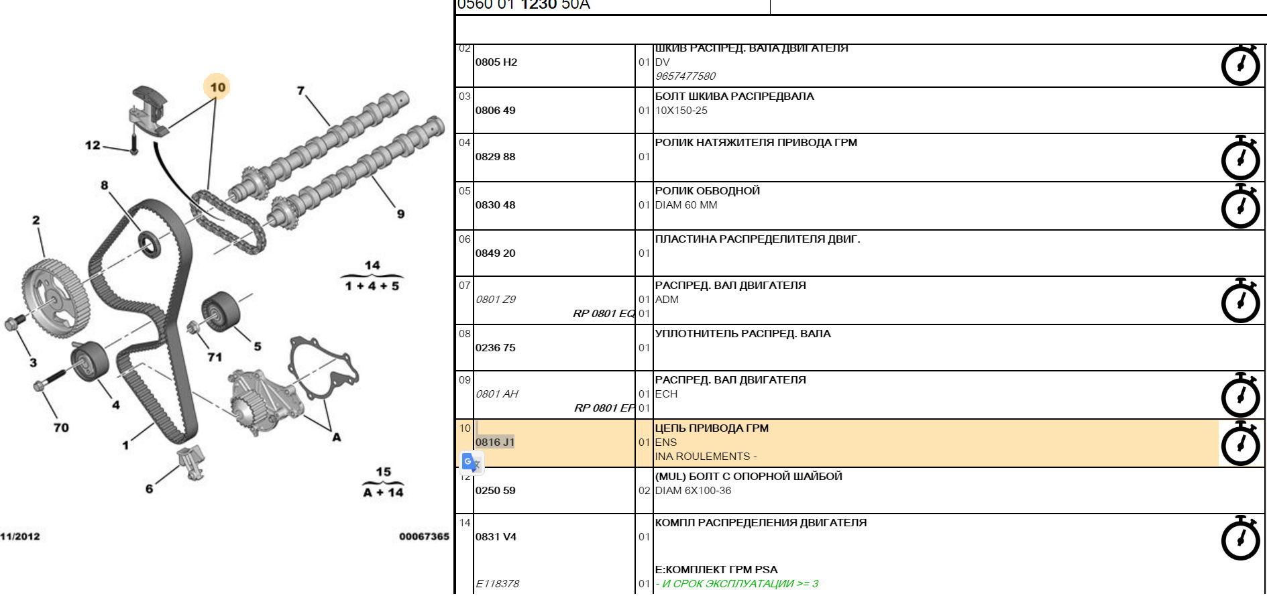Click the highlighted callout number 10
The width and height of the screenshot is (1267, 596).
pos(217,87)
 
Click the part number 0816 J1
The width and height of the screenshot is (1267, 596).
pos(495,442)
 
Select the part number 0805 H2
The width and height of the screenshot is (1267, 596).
pos(496,62)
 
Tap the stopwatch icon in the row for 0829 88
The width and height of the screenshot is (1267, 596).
pos(1240,158)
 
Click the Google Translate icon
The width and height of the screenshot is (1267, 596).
pos(472,463)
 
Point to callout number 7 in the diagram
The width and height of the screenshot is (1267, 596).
pos(300,91)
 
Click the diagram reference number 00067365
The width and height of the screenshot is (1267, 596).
pos(424,536)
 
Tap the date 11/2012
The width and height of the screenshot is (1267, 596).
pos(20,536)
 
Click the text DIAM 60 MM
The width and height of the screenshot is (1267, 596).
pos(686,205)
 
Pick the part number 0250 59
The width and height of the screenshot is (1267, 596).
pos(496,491)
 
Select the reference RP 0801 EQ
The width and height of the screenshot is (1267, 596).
pos(603,314)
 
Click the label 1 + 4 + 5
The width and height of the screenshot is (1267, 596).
pos(372,286)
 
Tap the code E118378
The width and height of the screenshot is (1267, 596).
pos(497,584)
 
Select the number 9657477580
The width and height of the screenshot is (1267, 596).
pos(685,76)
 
